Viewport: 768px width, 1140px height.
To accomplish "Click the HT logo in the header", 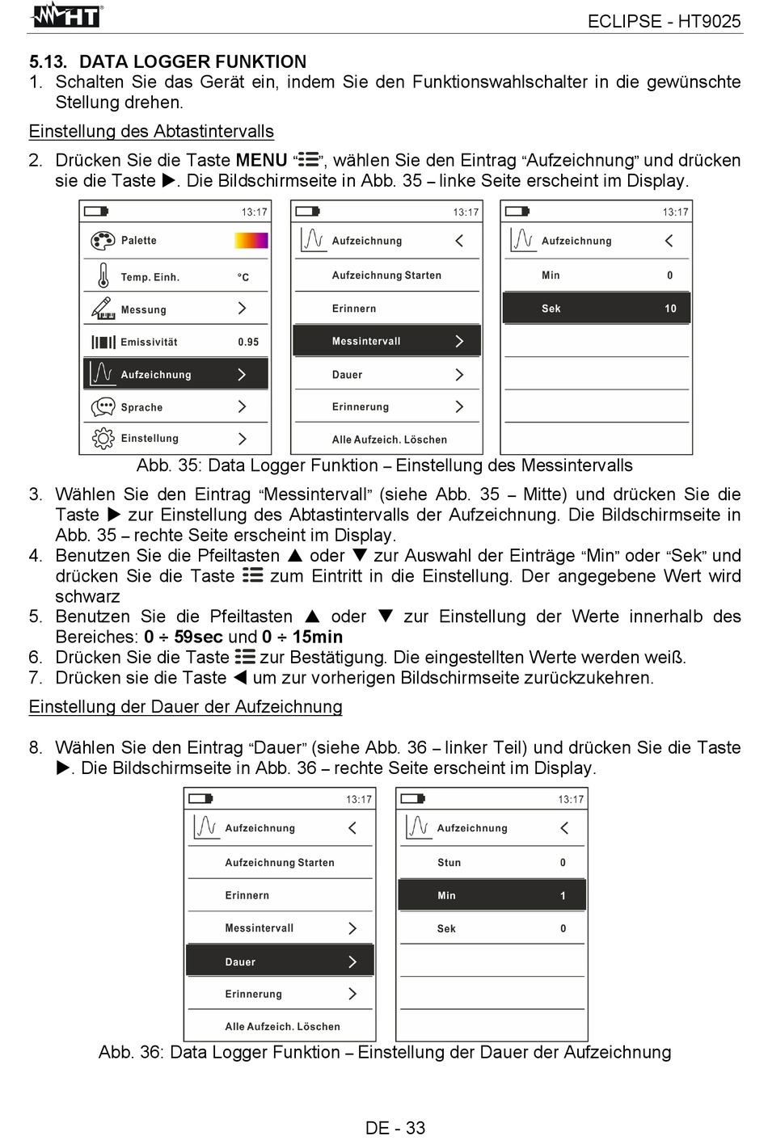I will (x=66, y=15).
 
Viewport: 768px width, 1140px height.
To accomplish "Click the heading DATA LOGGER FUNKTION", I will (x=192, y=61).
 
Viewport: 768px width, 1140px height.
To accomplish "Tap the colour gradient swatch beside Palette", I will (x=251, y=241).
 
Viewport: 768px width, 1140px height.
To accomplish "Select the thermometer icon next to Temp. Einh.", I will (x=103, y=276).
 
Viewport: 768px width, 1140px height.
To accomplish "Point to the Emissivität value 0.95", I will (x=248, y=342).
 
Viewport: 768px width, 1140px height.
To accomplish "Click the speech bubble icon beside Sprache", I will (x=103, y=407).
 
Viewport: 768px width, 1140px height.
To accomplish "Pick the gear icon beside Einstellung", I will (x=103, y=439).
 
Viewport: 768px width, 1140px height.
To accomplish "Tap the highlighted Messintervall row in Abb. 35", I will (x=386, y=341).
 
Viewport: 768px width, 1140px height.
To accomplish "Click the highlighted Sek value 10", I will (x=670, y=309).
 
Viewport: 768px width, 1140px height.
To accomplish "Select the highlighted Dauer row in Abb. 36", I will (x=280, y=961).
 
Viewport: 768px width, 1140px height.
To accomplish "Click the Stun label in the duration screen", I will (x=449, y=863).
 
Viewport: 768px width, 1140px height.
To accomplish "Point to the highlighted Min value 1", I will (x=563, y=896).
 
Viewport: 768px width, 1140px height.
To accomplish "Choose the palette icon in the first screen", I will (x=103, y=241).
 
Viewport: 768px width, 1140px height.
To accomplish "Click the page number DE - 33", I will (x=395, y=1128).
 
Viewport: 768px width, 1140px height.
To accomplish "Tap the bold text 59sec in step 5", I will (x=199, y=637).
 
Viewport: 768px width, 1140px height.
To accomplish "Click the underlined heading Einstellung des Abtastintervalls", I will (x=151, y=132).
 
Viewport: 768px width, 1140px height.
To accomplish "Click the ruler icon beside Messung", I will (x=103, y=309).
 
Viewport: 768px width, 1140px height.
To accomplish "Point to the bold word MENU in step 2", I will (x=261, y=161).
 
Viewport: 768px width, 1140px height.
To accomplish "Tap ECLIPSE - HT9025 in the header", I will (x=663, y=22).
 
